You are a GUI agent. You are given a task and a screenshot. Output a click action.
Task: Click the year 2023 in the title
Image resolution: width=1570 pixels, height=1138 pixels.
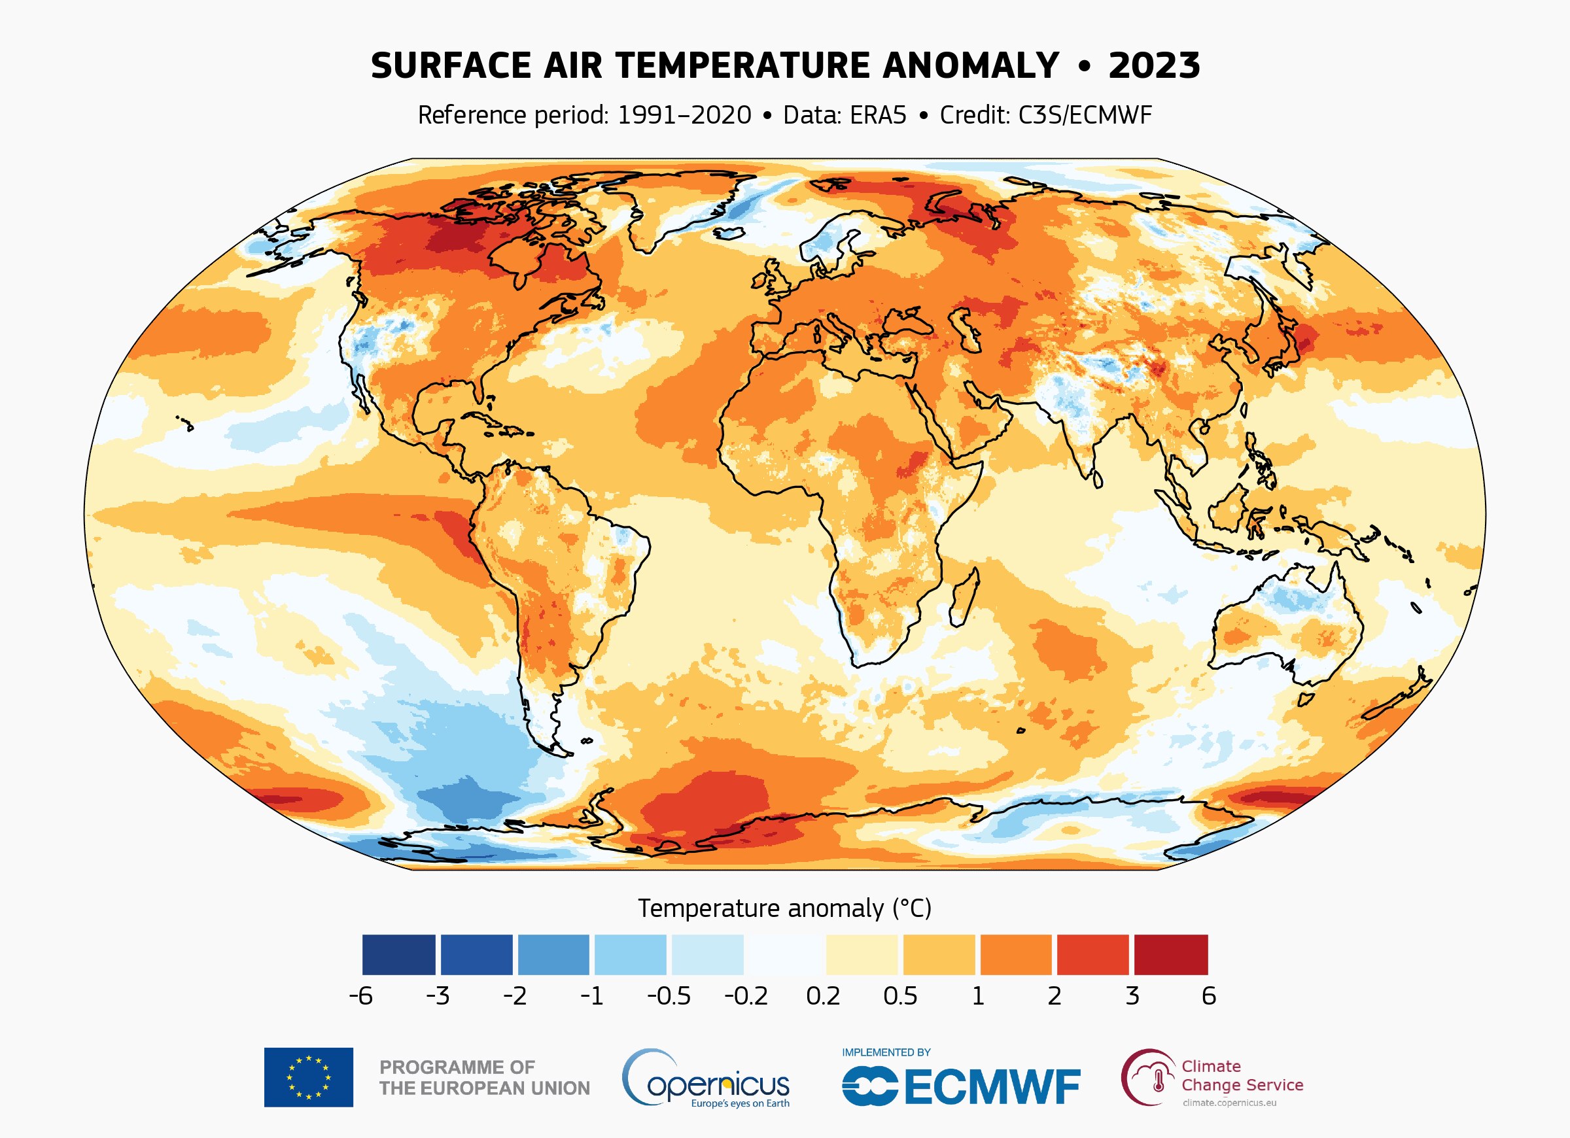pyautogui.click(x=1153, y=67)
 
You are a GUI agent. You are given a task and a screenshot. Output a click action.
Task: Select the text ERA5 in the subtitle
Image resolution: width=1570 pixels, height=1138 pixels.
pyautogui.click(x=878, y=115)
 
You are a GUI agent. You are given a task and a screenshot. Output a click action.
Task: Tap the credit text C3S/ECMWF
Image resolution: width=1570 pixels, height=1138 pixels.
pyautogui.click(x=1085, y=115)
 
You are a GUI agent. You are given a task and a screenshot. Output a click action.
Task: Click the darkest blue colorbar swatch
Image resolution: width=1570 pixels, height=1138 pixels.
pyautogui.click(x=399, y=955)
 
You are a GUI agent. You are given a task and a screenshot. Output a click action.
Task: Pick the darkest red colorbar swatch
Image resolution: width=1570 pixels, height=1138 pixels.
pyautogui.click(x=1170, y=955)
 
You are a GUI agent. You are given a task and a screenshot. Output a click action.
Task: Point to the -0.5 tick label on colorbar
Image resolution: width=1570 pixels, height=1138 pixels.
pyautogui.click(x=669, y=996)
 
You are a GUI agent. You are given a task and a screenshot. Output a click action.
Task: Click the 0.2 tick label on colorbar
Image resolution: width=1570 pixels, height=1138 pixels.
pyautogui.click(x=823, y=996)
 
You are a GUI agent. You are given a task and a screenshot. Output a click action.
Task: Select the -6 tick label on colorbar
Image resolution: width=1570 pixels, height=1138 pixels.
pyautogui.click(x=360, y=996)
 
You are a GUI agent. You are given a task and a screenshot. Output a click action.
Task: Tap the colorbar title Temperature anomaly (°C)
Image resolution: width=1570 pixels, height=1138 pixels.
pyautogui.click(x=784, y=908)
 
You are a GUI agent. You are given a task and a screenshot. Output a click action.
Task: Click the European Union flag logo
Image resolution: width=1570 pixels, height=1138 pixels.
pyautogui.click(x=308, y=1077)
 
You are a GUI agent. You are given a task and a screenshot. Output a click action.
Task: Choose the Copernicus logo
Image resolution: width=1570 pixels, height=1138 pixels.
pyautogui.click(x=705, y=1078)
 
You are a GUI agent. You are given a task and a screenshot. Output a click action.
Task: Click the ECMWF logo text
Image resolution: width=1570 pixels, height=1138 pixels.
pyautogui.click(x=991, y=1087)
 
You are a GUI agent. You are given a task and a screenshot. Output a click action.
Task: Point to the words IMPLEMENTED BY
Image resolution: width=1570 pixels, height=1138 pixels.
pyautogui.click(x=886, y=1052)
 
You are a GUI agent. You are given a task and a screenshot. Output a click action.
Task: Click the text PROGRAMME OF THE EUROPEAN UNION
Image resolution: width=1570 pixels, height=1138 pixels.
pyautogui.click(x=484, y=1078)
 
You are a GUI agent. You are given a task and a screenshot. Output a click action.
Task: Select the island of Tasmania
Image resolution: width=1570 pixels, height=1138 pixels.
pyautogui.click(x=1306, y=699)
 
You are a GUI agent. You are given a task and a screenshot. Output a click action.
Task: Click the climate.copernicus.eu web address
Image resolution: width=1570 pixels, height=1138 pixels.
pyautogui.click(x=1229, y=1103)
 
